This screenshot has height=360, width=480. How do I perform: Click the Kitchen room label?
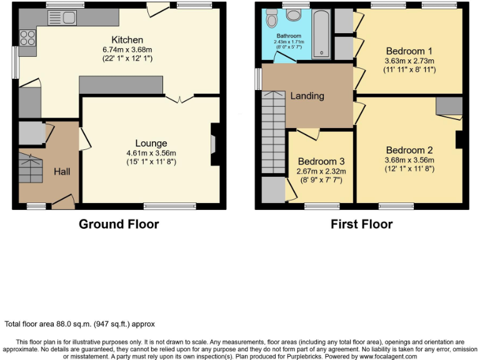click(127, 40)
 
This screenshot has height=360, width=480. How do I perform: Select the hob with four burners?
click(27, 38)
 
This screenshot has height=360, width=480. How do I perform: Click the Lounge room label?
click(152, 143)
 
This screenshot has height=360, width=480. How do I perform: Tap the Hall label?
click(61, 171)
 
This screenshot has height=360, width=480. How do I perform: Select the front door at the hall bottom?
click(62, 201)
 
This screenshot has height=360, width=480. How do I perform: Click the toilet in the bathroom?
click(272, 20)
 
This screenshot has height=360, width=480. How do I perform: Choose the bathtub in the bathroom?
click(321, 34)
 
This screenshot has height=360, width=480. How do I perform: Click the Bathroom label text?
click(289, 36)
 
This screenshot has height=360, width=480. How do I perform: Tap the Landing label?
click(307, 96)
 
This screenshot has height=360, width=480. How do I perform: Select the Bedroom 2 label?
click(409, 150)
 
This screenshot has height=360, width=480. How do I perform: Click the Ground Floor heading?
click(119, 224)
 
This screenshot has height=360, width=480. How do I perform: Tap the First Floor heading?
click(361, 224)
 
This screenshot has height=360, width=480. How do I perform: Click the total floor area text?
click(79, 324)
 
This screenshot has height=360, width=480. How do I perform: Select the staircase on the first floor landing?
click(273, 131)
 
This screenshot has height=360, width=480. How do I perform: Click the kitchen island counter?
click(121, 85)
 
